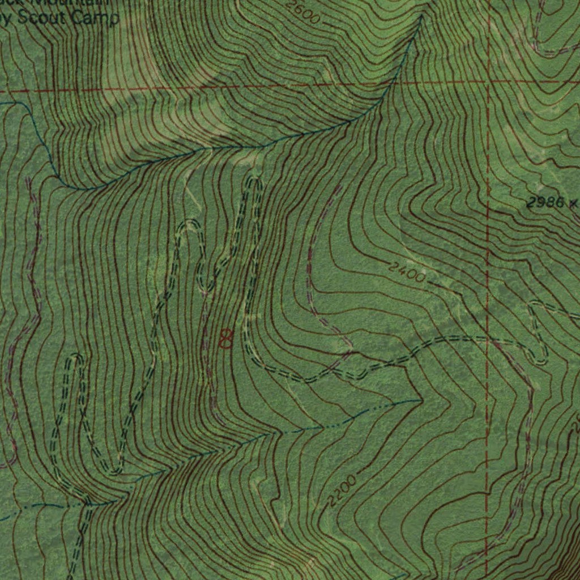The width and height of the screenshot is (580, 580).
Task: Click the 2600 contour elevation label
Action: pos(303,12)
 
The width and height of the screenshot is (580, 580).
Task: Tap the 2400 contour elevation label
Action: pos(407,272)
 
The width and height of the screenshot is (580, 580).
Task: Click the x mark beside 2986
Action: pos(574,202)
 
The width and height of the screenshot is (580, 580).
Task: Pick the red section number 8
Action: pos(225,338)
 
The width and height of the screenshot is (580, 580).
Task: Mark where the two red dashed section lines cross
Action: pos(488,83)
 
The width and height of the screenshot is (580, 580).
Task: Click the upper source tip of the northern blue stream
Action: pos(422,17)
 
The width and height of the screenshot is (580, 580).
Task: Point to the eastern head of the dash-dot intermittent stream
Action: pos(420,400)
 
